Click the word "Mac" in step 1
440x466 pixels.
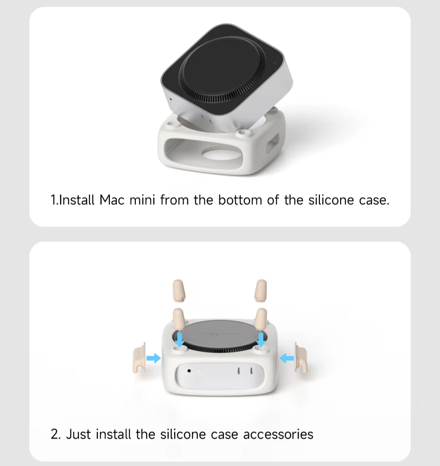[112, 200]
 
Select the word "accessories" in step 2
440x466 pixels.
[278, 434]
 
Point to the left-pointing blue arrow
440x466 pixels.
[287, 358]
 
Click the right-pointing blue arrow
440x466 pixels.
[154, 358]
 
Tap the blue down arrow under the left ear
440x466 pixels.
[180, 339]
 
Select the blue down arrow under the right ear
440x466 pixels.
[261, 339]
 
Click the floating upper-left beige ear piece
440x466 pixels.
[178, 290]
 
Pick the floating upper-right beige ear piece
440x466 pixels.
[261, 290]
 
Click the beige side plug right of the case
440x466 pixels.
[300, 358]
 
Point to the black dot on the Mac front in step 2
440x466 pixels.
[189, 370]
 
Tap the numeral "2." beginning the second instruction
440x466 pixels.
[56, 434]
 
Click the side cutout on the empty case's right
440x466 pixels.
[273, 143]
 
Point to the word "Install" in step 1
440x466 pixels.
[77, 200]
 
